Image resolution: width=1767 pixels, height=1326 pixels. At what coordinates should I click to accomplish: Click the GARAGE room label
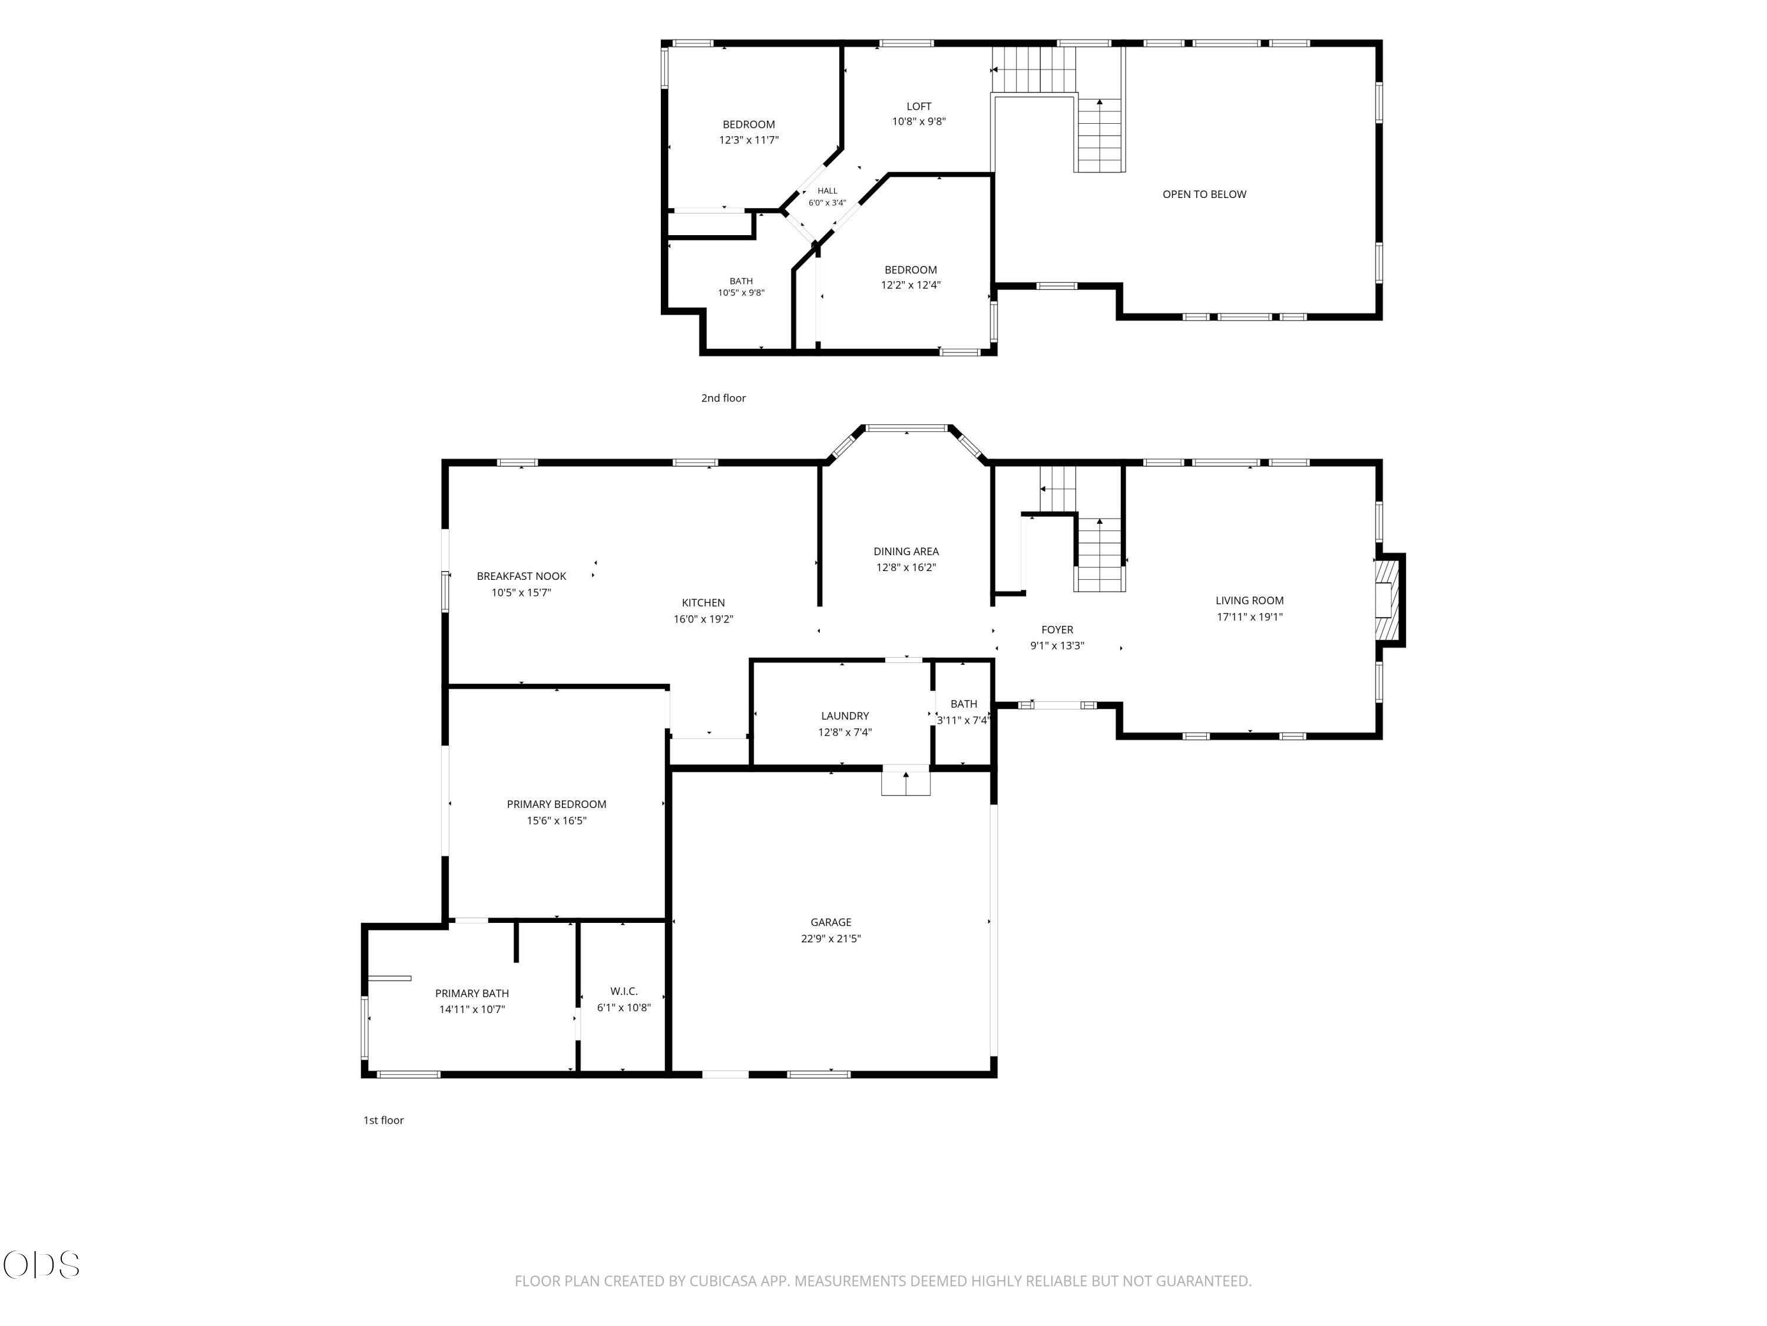coord(830,922)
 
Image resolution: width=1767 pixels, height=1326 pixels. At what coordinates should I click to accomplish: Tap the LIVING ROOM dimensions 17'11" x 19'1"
coord(1249,616)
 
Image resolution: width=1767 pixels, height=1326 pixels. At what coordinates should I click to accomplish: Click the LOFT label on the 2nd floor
coord(919,105)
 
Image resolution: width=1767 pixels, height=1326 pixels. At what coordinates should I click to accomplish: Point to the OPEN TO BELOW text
coord(1204,194)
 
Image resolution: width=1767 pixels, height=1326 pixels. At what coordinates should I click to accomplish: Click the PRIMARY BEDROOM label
coord(556,804)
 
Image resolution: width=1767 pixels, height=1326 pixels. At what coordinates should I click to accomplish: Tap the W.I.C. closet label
coord(624,991)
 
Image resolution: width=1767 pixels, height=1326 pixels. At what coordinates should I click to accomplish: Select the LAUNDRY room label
coord(845,715)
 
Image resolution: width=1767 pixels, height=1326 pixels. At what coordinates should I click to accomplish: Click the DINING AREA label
coord(906,552)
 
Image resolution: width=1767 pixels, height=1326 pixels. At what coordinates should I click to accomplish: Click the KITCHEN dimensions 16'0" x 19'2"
coord(703,619)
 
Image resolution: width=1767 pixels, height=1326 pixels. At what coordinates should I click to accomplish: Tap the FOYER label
coord(1057,630)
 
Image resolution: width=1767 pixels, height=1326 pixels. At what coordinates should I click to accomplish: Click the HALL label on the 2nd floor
coord(827,190)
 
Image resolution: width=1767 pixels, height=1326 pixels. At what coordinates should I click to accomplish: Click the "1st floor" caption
coord(383,1120)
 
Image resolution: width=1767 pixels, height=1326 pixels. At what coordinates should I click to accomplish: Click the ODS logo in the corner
coord(42,1265)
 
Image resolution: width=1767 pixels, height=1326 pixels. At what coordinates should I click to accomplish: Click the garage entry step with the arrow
coord(906,780)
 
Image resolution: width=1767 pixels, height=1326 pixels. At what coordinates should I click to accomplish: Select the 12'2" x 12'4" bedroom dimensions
coord(911,285)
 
